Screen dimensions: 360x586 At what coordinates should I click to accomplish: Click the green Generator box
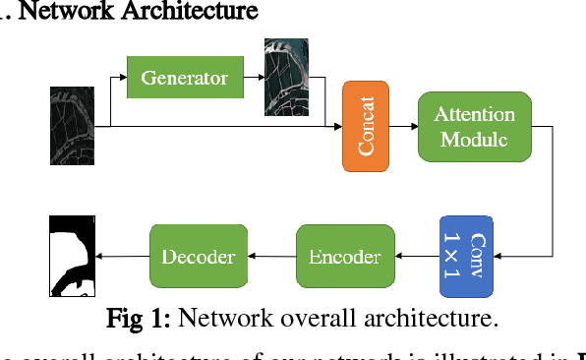click(x=185, y=77)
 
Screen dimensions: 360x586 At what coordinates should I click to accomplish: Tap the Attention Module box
click(x=474, y=127)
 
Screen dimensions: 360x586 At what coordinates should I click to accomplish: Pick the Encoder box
click(x=345, y=257)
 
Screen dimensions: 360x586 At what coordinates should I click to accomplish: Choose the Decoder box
click(x=198, y=257)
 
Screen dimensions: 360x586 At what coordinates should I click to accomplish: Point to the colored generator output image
click(x=286, y=77)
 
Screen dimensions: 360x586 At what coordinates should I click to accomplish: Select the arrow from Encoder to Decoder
click(x=271, y=257)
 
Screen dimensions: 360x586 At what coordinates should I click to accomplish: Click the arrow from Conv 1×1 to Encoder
click(x=418, y=257)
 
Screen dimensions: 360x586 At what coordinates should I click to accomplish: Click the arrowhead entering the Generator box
click(x=123, y=77)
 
